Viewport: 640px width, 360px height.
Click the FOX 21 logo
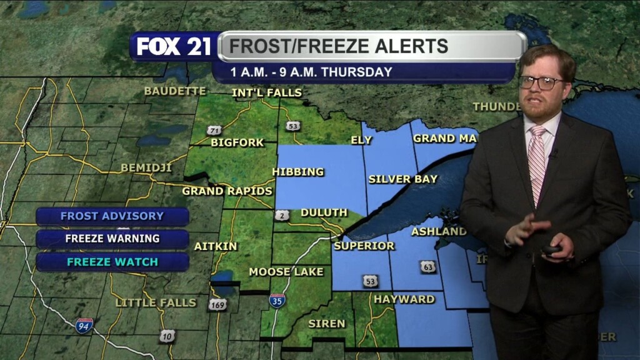174,46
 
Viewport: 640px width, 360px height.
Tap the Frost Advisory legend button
112,216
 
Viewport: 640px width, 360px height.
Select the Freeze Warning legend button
112,238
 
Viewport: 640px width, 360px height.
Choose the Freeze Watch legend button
112,261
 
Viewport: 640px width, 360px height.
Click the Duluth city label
324,212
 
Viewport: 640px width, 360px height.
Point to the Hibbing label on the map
298,171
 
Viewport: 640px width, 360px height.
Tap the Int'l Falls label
267,93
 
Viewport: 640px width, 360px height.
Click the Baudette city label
175,91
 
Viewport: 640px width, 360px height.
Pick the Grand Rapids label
227,191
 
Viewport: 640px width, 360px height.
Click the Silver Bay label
403,179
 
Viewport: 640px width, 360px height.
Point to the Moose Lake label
286,272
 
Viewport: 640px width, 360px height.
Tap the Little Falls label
156,302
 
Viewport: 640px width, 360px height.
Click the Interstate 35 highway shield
277,301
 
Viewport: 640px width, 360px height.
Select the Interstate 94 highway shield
84,325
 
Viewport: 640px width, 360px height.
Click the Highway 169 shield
217,304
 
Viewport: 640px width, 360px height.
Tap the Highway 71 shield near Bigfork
214,131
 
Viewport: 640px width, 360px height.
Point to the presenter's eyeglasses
541,82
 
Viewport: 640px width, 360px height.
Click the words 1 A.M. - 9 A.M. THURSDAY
311,72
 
